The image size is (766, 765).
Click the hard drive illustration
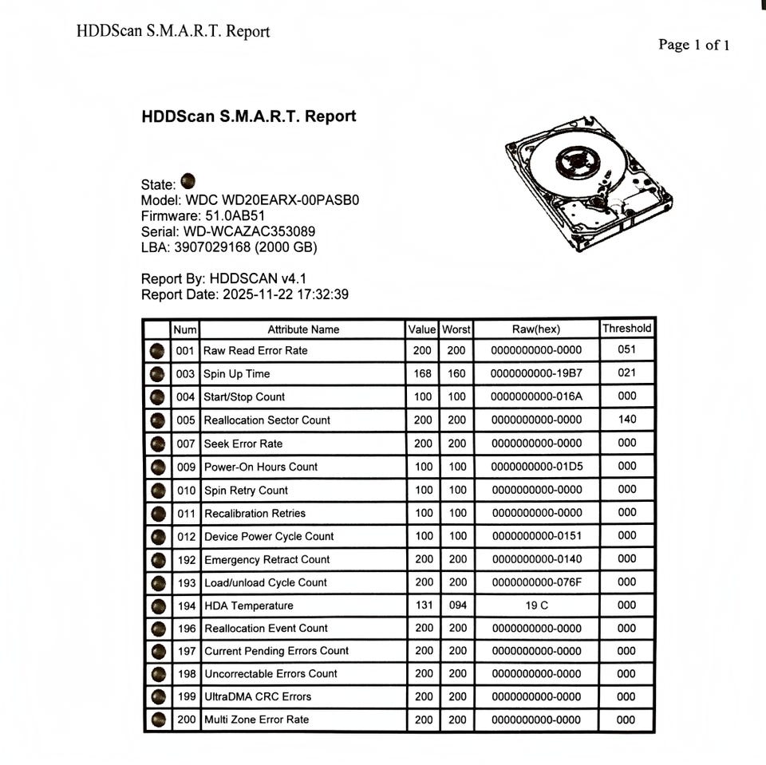(589, 183)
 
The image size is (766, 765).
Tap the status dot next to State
(188, 181)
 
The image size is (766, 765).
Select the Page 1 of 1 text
(693, 45)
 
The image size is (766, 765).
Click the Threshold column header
(626, 328)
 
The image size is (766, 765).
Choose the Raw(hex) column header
(536, 329)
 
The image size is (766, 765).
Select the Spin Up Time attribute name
(237, 373)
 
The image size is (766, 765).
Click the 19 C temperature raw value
(536, 605)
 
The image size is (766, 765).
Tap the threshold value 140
(626, 419)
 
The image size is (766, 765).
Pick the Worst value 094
(457, 605)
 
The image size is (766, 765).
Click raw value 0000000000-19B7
(536, 373)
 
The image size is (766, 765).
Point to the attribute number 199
(186, 696)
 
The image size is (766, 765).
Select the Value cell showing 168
(423, 373)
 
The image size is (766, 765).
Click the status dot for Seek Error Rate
(158, 444)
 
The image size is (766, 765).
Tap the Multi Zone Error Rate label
(256, 720)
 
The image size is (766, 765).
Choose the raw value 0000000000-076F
(536, 582)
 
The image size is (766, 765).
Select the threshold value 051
(626, 349)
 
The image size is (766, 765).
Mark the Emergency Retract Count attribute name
(267, 559)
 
